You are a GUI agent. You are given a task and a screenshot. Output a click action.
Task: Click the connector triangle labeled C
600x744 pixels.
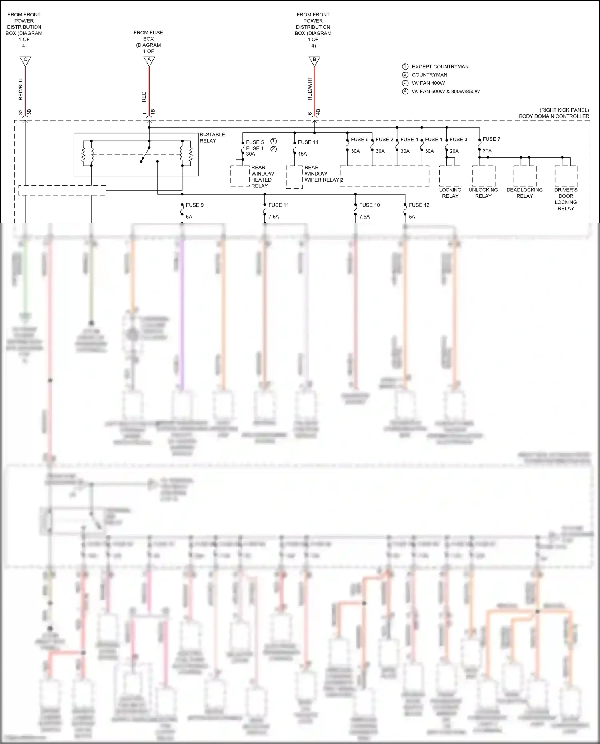(x=25, y=61)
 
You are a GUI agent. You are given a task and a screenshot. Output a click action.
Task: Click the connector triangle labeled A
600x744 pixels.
(x=149, y=61)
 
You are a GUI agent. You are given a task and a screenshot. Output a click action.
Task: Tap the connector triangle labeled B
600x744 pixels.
(x=314, y=61)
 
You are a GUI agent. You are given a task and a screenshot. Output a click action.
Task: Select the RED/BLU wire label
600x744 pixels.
(x=21, y=89)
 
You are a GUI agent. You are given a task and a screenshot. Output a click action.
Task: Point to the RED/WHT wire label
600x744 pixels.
(x=310, y=88)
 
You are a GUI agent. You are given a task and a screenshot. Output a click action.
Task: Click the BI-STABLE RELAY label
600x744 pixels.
(x=212, y=138)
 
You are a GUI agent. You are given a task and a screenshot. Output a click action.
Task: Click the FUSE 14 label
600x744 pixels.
(x=308, y=142)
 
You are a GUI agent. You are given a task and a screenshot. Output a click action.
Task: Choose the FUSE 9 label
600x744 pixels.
(x=194, y=205)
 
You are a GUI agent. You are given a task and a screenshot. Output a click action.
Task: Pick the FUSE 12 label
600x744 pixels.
(x=419, y=205)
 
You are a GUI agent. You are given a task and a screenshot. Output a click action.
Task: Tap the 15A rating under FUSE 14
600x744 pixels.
(x=302, y=154)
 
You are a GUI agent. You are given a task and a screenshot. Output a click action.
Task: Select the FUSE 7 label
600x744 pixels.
(x=491, y=139)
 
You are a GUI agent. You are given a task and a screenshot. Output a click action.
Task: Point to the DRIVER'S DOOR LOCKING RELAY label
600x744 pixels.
(x=566, y=199)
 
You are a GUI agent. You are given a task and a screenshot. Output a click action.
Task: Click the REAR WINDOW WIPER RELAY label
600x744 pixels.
(x=321, y=174)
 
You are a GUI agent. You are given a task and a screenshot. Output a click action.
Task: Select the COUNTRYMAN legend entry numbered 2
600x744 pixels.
(x=429, y=75)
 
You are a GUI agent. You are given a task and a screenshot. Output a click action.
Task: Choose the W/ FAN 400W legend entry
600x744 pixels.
(x=428, y=83)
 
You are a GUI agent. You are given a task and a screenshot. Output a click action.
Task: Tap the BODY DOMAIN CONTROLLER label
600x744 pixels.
(x=554, y=116)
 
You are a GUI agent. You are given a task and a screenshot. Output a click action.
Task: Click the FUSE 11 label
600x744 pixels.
(x=278, y=205)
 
